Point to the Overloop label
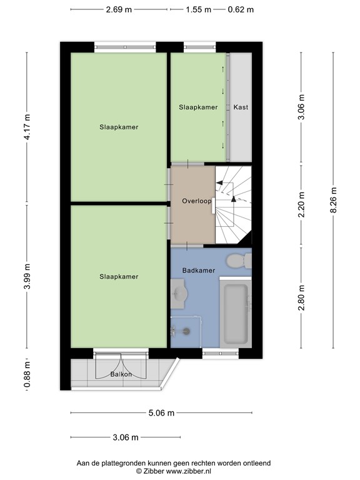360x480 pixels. coord(196,201)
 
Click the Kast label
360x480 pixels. coord(241,107)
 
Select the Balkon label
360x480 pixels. coord(121,374)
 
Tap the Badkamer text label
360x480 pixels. coord(198,271)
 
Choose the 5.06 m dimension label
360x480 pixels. coord(161,412)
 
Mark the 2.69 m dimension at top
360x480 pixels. coord(119,9)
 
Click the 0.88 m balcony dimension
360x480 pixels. coord(27,374)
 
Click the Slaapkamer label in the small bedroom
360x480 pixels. coord(198,107)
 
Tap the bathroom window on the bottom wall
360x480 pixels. coord(221,353)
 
